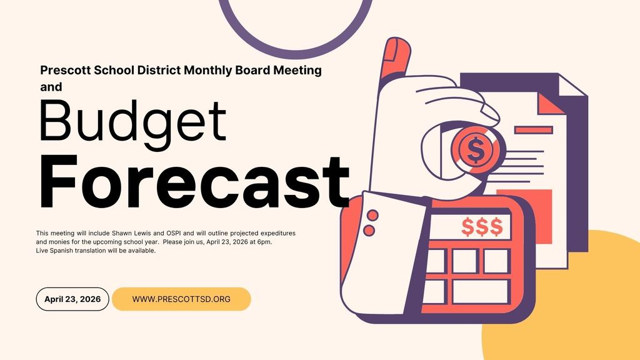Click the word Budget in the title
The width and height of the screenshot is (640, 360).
click(132, 121)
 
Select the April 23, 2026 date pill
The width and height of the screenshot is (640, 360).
click(72, 299)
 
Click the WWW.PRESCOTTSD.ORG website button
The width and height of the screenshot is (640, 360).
click(181, 299)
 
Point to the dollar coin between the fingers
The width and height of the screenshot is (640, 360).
click(475, 149)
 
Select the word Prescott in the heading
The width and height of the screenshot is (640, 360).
click(65, 70)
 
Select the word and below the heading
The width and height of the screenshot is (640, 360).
click(51, 87)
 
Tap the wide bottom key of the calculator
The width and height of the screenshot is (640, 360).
click(479, 291)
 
